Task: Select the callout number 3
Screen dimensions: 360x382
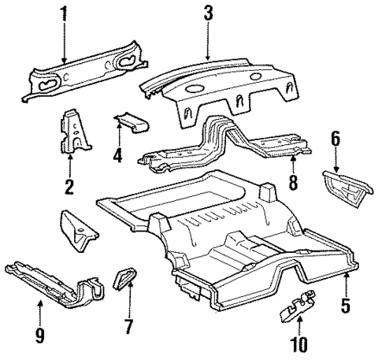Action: pyautogui.click(x=207, y=13)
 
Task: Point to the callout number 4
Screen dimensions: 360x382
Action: pyautogui.click(x=117, y=155)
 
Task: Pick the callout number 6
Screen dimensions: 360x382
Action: pyautogui.click(x=335, y=139)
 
